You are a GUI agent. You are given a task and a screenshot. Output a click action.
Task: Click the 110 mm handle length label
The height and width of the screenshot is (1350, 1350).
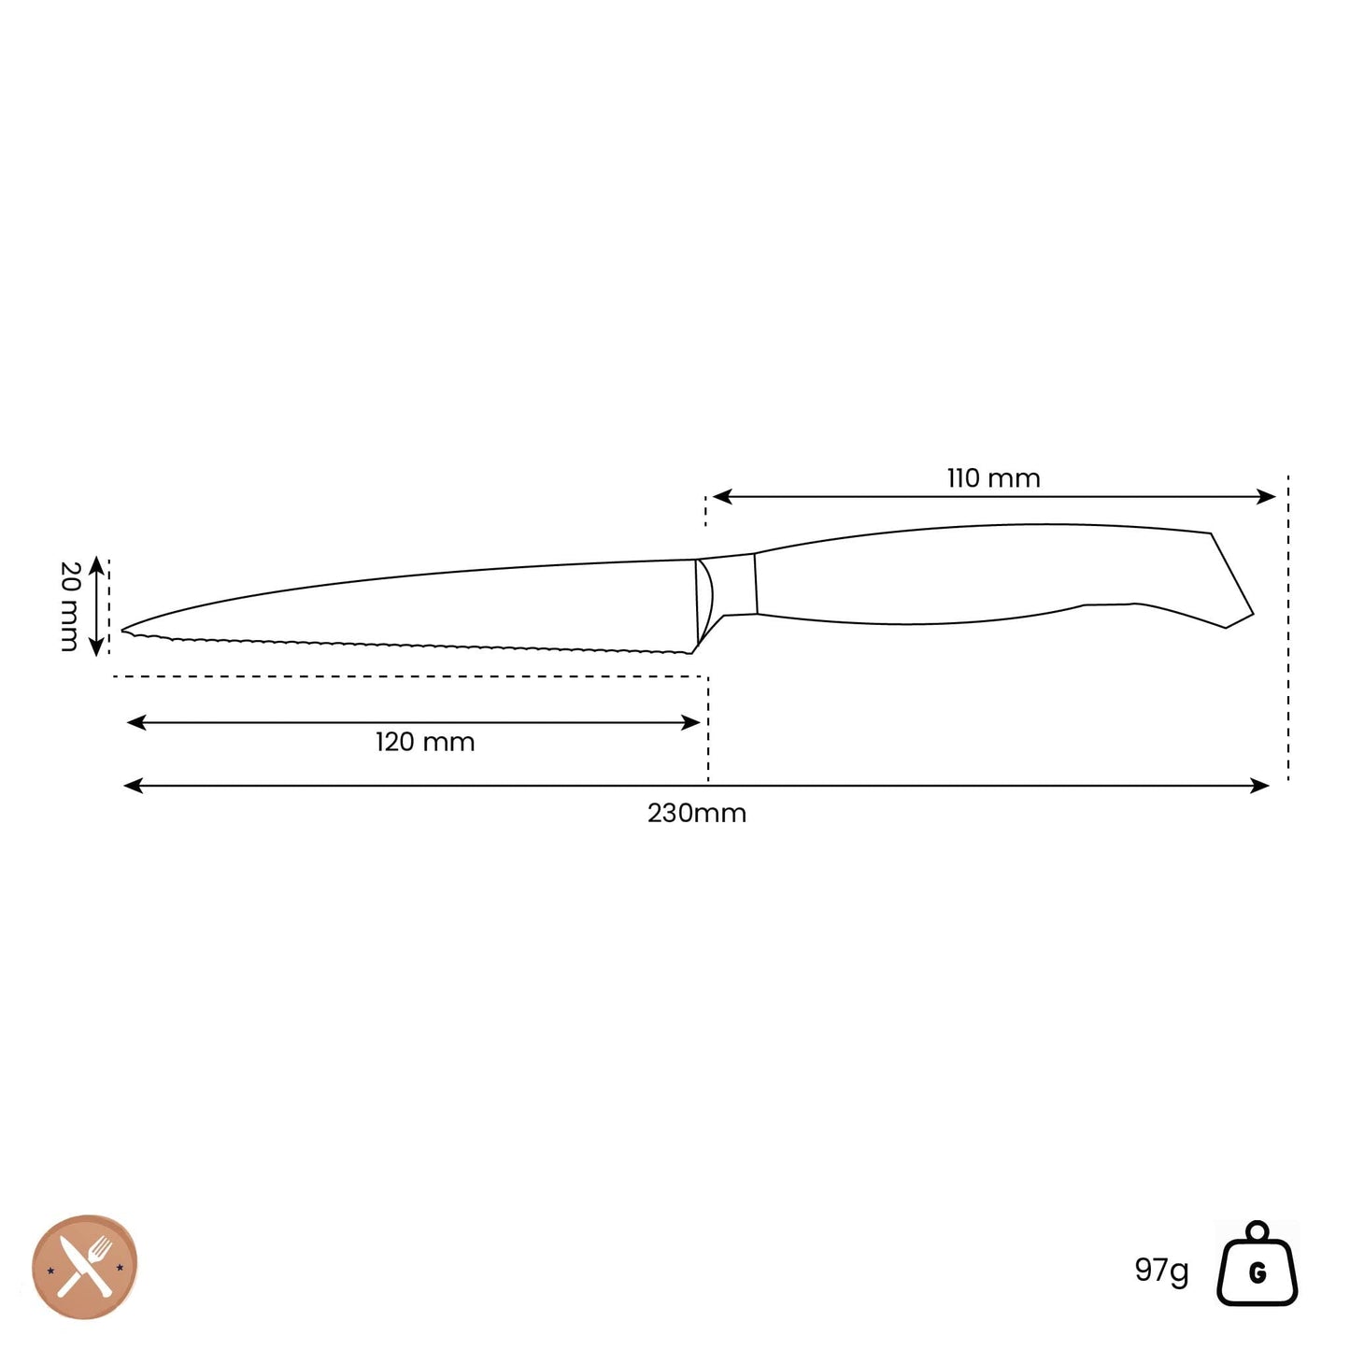993,478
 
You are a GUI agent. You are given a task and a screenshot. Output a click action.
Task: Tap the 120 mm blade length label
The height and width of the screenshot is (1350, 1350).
424,743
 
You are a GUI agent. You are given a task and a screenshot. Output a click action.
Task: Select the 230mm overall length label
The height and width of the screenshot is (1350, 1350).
696,814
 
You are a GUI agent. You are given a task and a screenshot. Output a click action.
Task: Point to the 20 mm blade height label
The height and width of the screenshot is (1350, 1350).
70,606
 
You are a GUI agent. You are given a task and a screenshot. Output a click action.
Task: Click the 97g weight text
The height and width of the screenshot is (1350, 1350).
1161,1269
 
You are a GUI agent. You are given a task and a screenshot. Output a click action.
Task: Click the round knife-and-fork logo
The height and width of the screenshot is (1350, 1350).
85,1267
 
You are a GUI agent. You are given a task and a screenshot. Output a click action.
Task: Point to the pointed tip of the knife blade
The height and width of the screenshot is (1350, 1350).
121,631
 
